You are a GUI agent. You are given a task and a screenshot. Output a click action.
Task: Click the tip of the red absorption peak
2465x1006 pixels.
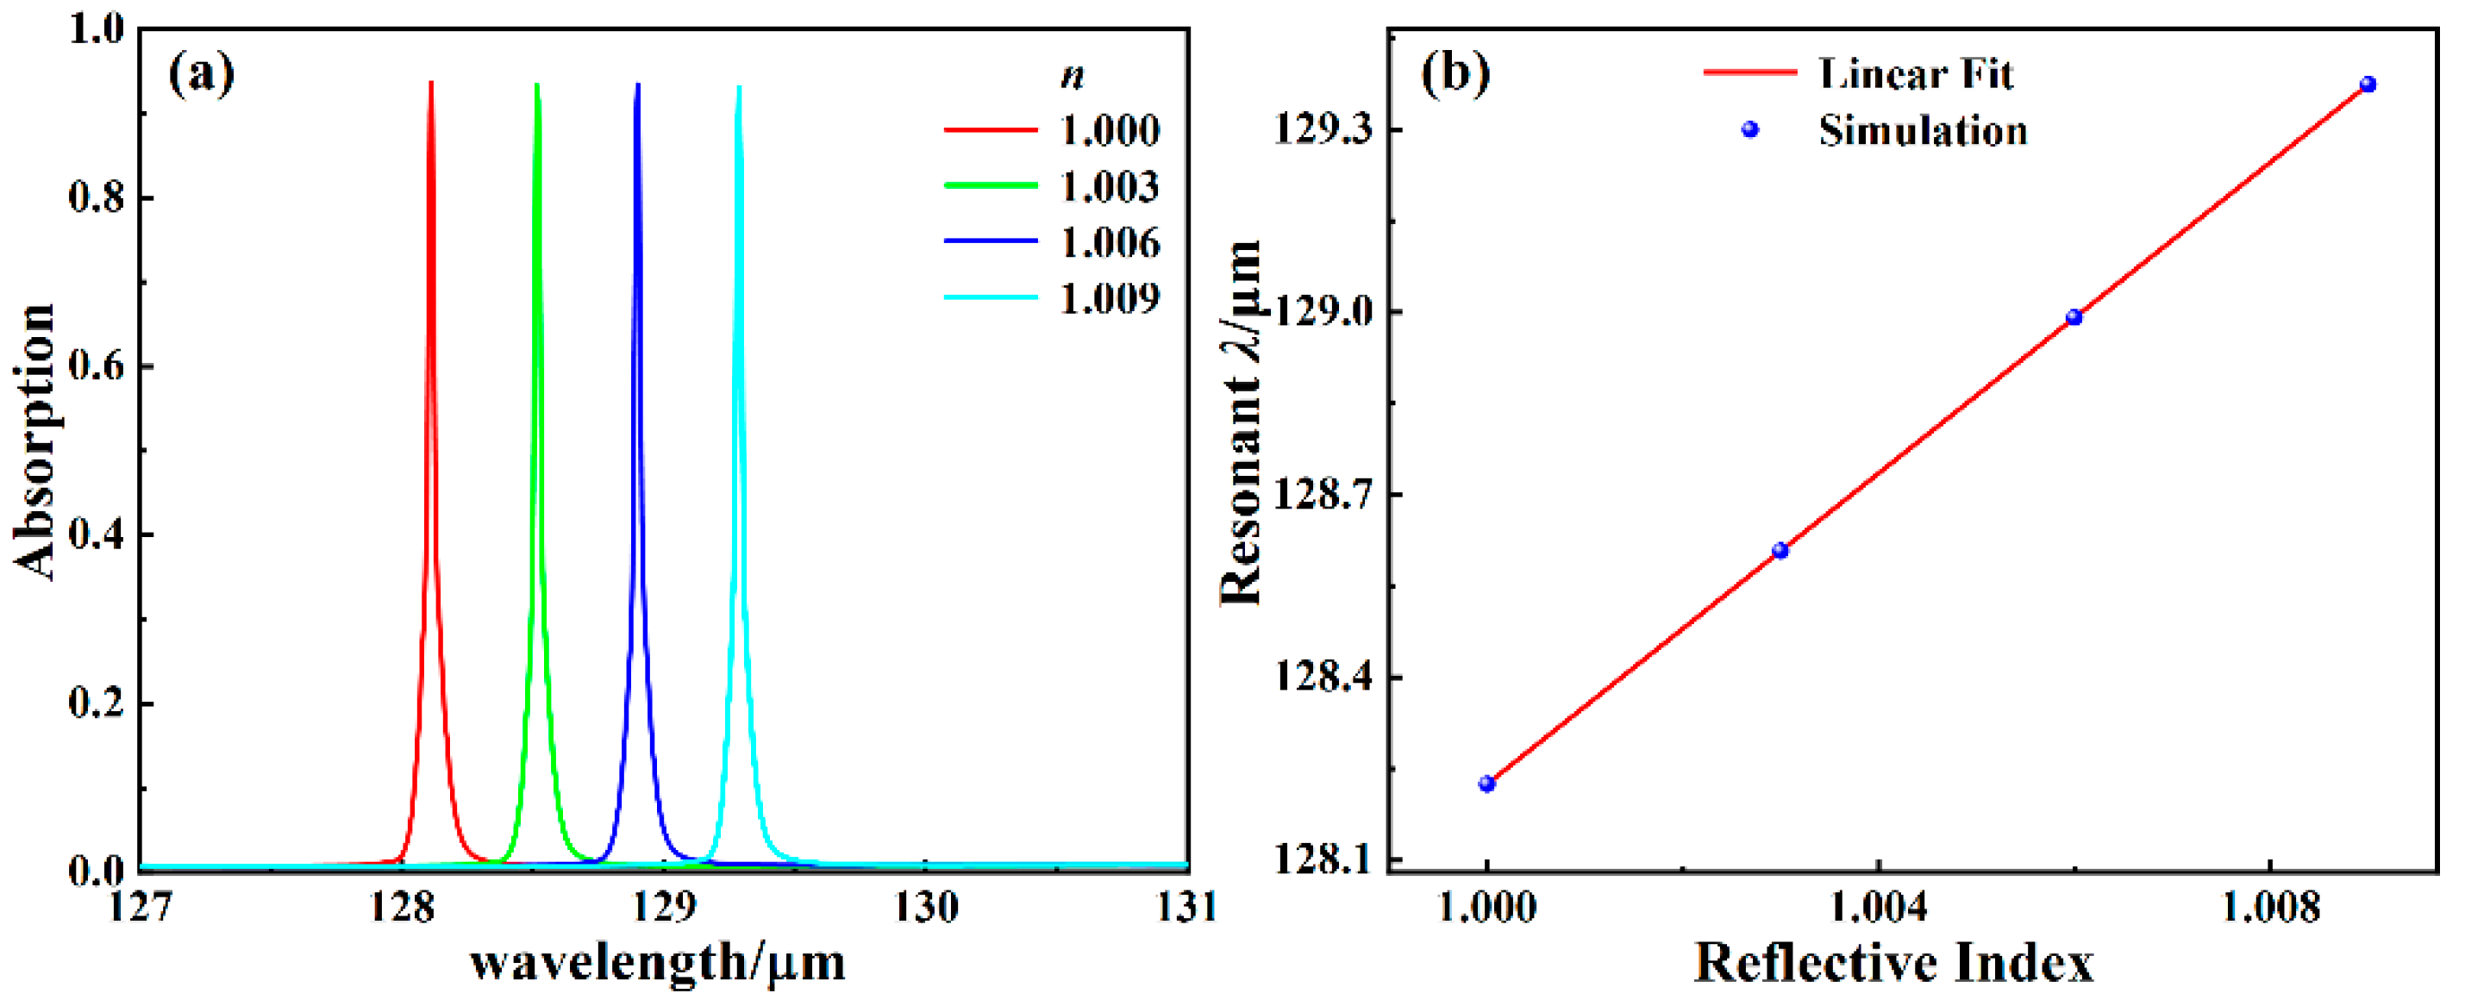pos(430,84)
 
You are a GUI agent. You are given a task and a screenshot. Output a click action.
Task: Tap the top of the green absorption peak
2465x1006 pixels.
pos(537,85)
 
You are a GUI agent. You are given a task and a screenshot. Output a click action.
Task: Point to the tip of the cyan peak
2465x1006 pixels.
pos(739,88)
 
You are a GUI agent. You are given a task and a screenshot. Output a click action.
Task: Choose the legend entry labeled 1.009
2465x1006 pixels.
pos(1109,298)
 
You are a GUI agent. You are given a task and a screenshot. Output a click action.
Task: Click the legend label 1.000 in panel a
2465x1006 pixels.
pos(1109,129)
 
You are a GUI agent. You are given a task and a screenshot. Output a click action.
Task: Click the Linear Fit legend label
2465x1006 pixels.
pos(1915,72)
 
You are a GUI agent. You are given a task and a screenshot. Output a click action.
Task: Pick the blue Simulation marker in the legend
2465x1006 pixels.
pos(1749,129)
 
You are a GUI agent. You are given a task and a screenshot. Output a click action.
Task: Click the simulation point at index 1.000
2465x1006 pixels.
pos(1486,784)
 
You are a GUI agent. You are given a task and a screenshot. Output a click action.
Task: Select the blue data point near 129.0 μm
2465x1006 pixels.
pos(2074,317)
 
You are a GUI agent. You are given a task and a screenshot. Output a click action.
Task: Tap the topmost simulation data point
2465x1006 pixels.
pos(2368,84)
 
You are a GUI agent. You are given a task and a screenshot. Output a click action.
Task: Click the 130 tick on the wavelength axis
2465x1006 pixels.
pos(925,905)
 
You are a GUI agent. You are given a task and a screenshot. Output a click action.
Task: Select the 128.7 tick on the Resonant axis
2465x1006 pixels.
pos(1323,495)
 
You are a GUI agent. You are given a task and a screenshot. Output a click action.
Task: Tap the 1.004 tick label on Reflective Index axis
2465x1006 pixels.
pos(1878,905)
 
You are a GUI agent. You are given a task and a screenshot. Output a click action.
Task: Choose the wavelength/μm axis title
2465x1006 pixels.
pos(659,963)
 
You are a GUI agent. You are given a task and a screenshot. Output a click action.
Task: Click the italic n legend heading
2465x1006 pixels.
pos(1072,77)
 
